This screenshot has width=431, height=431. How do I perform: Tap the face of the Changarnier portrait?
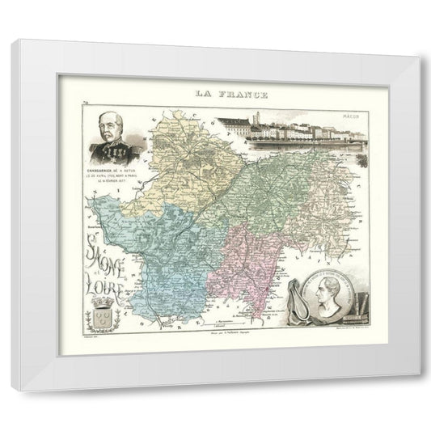tap(111, 130)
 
